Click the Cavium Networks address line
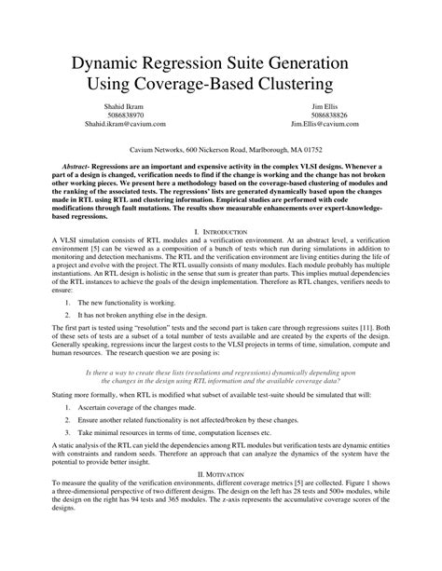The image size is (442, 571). [219, 148]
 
